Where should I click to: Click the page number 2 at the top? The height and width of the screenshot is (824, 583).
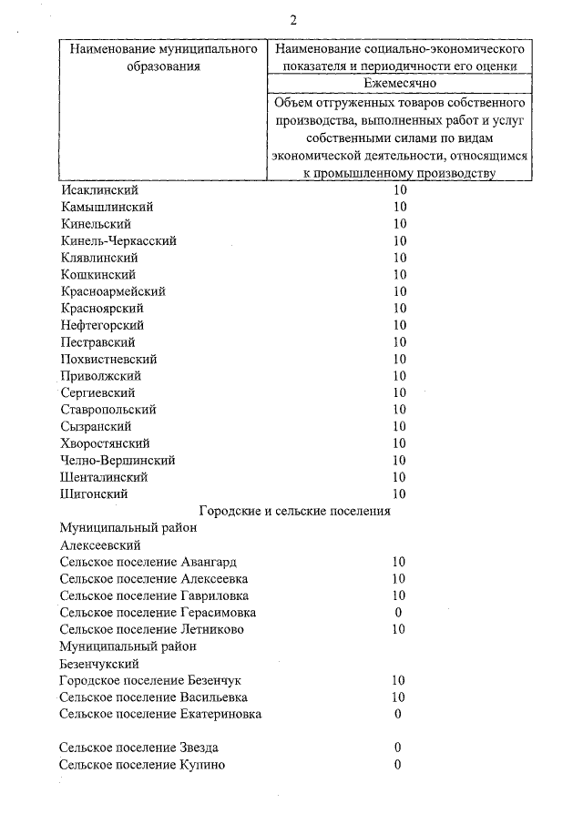click(x=293, y=21)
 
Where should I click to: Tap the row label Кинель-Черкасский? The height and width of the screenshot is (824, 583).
click(x=118, y=241)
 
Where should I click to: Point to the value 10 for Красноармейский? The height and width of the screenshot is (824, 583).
click(x=400, y=291)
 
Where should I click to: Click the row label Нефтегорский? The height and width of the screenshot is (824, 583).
click(x=102, y=325)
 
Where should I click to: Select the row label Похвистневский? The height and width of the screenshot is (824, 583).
click(x=108, y=359)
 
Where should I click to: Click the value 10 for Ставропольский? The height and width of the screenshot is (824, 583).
click(x=400, y=410)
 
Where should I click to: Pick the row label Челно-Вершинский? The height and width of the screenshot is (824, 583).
click(x=118, y=460)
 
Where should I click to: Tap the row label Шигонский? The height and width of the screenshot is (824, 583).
click(x=94, y=493)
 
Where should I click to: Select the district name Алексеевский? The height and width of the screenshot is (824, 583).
click(x=99, y=544)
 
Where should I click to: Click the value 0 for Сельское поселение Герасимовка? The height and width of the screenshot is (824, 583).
click(x=398, y=612)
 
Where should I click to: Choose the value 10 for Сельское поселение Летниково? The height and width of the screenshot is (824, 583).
click(x=398, y=629)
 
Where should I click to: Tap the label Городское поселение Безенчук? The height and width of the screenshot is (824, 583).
click(x=150, y=680)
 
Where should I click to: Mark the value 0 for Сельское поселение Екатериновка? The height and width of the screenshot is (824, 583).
click(x=398, y=714)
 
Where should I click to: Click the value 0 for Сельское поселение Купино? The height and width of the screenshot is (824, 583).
click(x=398, y=764)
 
